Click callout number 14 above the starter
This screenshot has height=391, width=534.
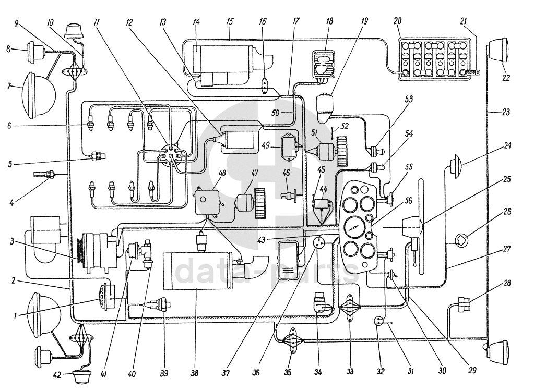click(x=196, y=22)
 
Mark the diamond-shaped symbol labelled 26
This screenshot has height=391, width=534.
click(x=461, y=241)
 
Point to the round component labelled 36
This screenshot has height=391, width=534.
click(x=320, y=242)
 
